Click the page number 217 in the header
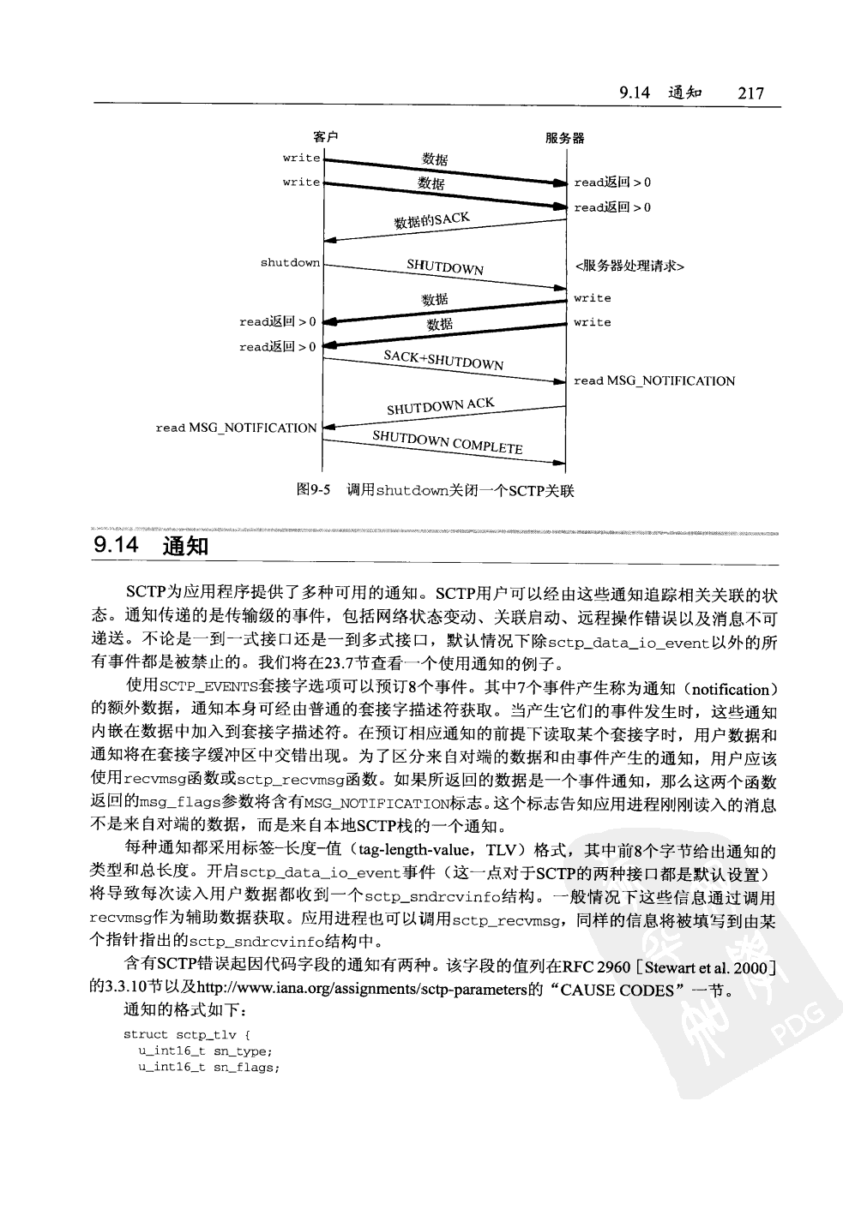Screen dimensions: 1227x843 [750, 93]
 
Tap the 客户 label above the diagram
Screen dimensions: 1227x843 [325, 137]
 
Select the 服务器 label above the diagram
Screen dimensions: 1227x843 [565, 137]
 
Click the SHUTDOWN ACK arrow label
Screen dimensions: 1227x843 [440, 406]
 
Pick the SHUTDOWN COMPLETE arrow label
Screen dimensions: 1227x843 [447, 442]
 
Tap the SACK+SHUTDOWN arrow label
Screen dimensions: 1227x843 [443, 360]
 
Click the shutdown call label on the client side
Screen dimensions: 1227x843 [290, 262]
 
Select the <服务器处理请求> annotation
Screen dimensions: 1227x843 [629, 266]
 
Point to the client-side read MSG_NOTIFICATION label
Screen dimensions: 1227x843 [236, 428]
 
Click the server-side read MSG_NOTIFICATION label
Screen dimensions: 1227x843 [654, 380]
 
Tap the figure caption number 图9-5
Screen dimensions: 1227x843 [313, 490]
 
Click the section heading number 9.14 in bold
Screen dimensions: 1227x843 [117, 545]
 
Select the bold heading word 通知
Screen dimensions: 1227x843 [184, 545]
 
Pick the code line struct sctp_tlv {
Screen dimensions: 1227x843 [187, 1034]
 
